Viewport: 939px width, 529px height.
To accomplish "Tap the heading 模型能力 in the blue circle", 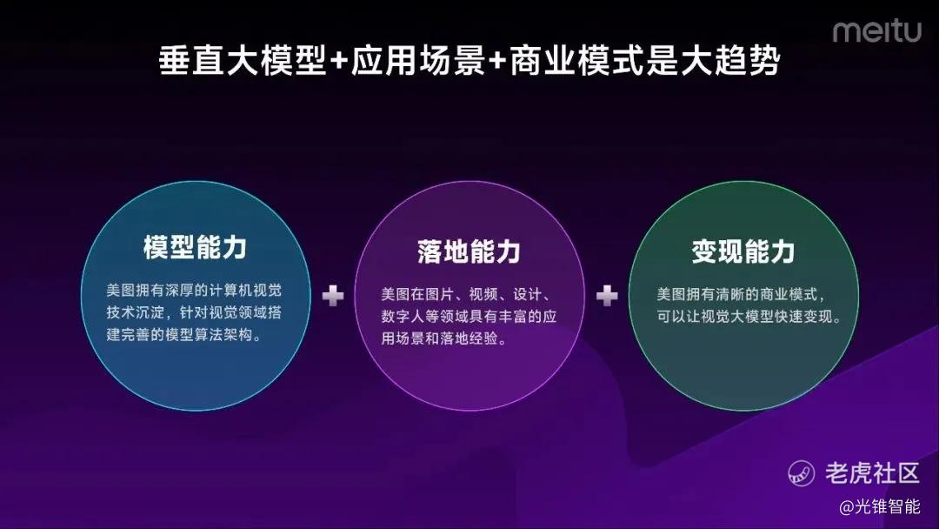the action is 196,247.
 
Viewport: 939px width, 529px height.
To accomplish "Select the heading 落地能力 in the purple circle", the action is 469,251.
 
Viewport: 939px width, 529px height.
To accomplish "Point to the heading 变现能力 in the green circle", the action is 743,251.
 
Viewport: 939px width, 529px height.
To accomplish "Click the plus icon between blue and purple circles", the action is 333,296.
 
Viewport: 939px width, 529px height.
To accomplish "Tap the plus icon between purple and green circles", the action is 607,296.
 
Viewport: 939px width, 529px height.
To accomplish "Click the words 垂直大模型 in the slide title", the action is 243,61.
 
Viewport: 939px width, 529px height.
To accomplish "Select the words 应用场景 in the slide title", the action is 418,61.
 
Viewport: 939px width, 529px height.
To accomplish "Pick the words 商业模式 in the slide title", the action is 576,61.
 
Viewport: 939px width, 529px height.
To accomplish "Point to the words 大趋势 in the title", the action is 729,61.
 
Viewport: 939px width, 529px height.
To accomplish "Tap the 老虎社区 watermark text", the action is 872,473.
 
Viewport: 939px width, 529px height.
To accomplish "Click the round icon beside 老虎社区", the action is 802,473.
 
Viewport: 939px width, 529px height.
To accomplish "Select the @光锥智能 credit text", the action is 880,507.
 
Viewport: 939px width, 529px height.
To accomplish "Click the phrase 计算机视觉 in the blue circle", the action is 245,291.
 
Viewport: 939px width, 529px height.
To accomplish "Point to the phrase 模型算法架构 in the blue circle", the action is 209,335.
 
